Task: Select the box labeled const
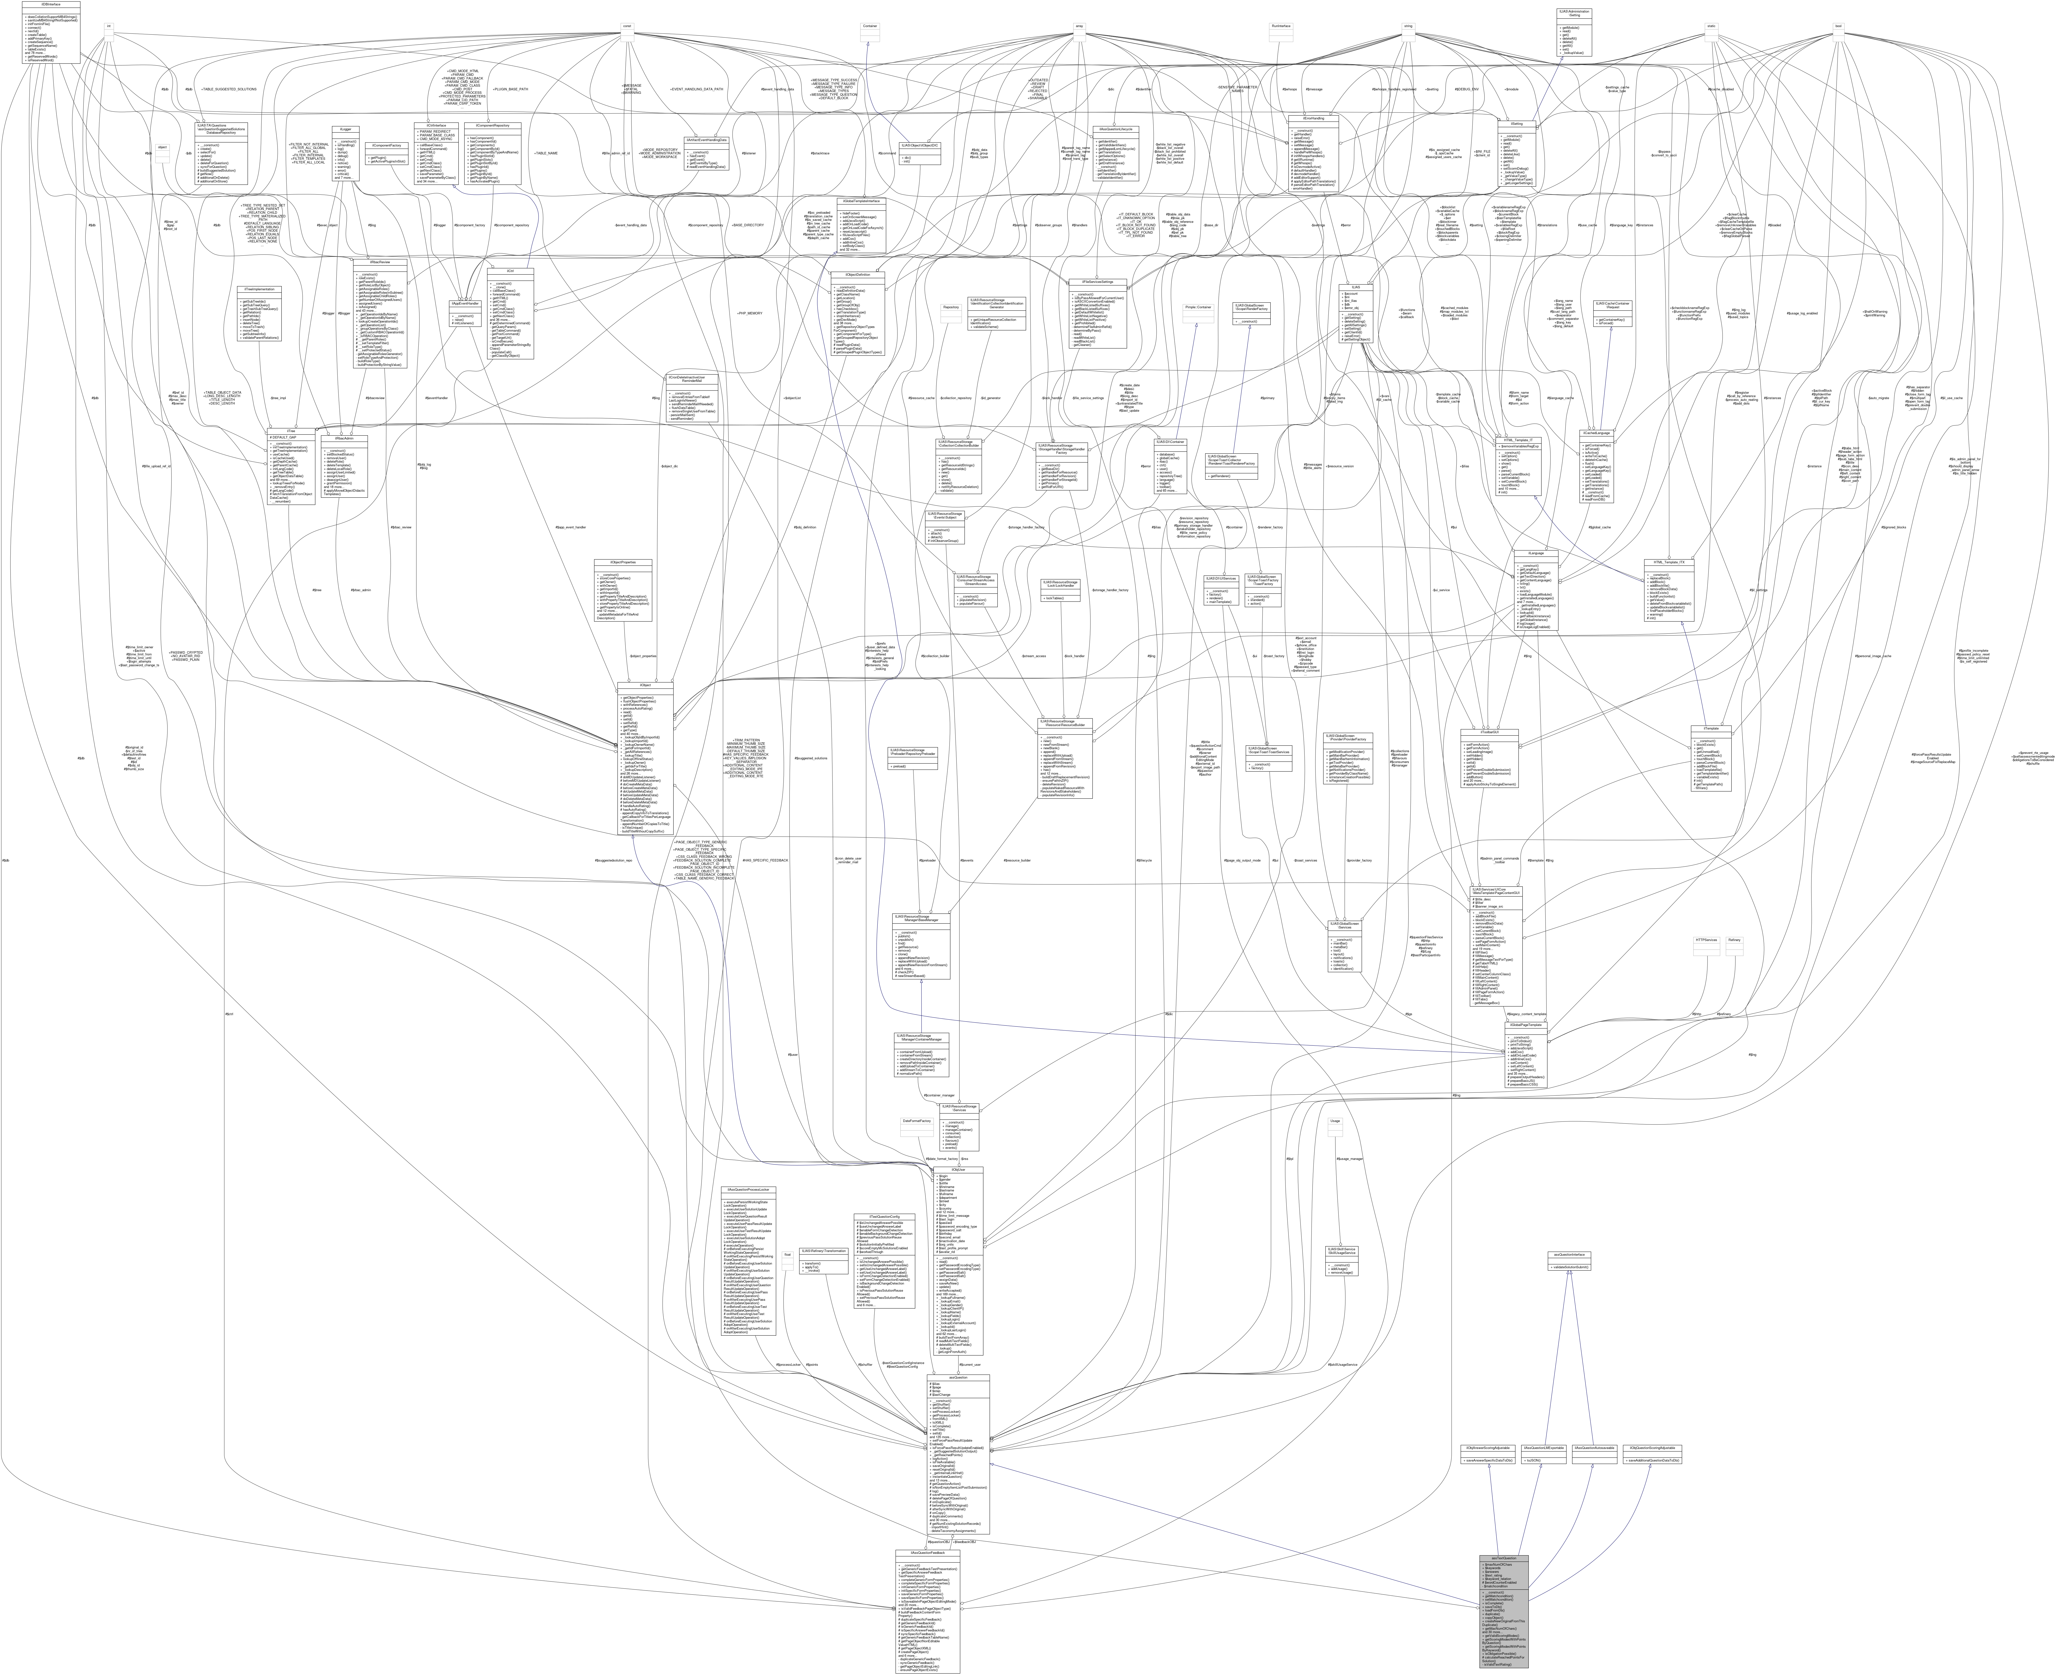point(627,26)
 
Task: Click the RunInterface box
point(1281,26)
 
